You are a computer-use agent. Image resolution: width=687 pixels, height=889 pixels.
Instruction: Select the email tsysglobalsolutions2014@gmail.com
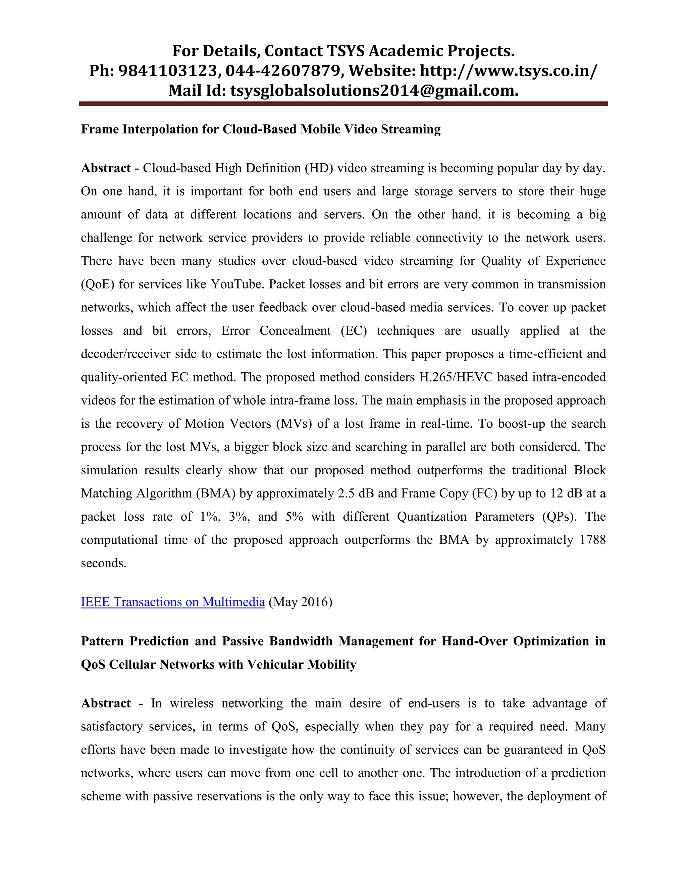tap(374, 90)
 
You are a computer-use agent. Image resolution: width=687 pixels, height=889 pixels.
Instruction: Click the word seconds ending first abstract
tap(103, 563)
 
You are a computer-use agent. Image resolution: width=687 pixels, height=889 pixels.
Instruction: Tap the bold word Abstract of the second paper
tap(106, 703)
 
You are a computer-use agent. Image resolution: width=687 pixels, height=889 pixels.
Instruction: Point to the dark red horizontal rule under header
tap(343, 104)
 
